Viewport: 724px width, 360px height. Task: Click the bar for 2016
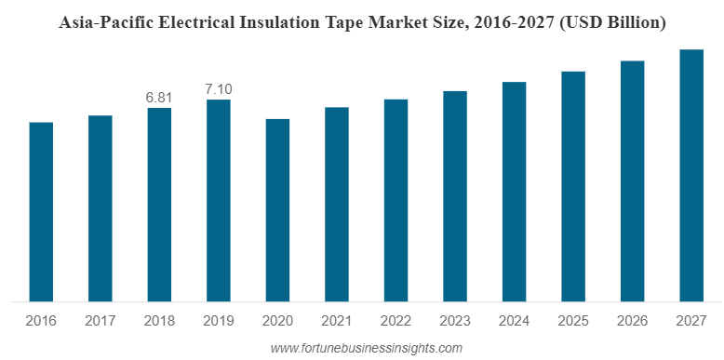point(41,212)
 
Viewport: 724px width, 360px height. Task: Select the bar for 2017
point(101,208)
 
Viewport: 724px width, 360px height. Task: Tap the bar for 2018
point(159,205)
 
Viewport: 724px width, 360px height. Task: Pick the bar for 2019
point(219,201)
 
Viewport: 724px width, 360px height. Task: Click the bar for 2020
point(277,210)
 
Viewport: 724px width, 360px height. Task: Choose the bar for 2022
point(396,200)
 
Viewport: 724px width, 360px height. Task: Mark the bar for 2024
point(514,192)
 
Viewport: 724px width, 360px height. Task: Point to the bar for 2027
point(690,176)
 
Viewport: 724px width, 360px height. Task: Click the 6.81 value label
point(159,97)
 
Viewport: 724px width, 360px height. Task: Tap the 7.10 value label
point(219,89)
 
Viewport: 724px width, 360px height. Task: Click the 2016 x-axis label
point(41,321)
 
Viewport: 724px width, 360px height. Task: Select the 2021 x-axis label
point(337,321)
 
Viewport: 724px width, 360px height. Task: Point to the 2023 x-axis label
point(455,321)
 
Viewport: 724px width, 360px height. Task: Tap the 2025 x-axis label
point(573,321)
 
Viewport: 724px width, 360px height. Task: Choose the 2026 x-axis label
point(632,321)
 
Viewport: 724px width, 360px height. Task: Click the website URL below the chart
point(365,348)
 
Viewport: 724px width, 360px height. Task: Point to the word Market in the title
point(411,22)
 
